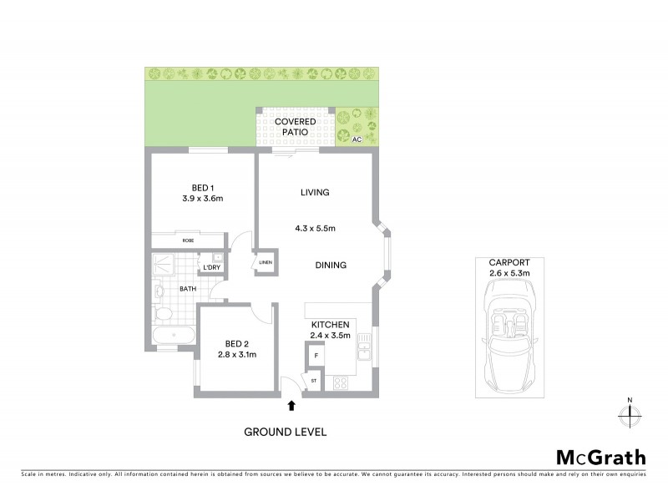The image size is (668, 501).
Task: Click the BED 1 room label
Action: point(200,187)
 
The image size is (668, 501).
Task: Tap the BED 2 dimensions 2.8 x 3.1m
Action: point(236,355)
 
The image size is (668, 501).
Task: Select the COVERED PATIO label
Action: point(290,127)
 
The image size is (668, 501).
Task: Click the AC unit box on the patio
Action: point(357,139)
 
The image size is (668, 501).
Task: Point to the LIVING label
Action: point(315,192)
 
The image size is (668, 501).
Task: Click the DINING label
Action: point(331,266)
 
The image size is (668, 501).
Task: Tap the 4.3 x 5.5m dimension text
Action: point(315,229)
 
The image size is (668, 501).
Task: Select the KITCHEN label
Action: point(331,324)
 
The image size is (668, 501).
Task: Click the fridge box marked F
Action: point(315,356)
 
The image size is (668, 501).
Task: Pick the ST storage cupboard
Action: point(314,382)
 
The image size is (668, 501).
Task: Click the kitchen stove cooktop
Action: point(341,383)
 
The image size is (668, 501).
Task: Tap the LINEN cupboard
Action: point(266,262)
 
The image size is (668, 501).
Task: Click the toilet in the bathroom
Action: point(162,313)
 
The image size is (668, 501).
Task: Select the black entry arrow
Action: point(291,406)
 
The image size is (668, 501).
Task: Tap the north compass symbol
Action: point(630,412)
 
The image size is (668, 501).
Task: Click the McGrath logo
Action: point(600,457)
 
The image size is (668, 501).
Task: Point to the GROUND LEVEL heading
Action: point(285,432)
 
